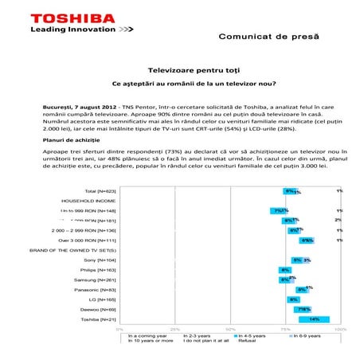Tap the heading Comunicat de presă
tap(268, 38)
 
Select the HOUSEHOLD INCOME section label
tap(89, 202)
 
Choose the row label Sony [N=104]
tap(100, 260)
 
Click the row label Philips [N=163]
tap(99, 270)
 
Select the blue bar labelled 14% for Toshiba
tap(314, 319)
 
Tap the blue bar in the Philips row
tap(284, 270)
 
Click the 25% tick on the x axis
tap(175, 328)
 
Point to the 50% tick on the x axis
tap(230, 328)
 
